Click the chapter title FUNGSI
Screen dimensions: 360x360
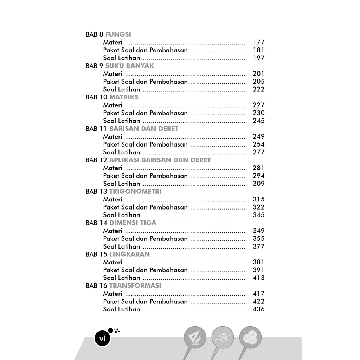(x=118, y=34)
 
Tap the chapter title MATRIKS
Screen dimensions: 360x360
(x=124, y=97)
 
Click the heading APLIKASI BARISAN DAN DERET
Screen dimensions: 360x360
(x=160, y=160)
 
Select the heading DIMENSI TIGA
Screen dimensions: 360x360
(x=133, y=223)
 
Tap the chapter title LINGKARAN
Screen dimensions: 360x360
(x=129, y=254)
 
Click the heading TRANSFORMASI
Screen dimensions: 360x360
(x=135, y=286)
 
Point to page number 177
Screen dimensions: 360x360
(x=258, y=42)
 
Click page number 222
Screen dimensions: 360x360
(x=258, y=89)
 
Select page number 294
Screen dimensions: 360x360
(x=258, y=176)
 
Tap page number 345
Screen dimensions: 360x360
(x=258, y=215)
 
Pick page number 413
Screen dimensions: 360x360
(x=258, y=278)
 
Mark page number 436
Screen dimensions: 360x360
(x=258, y=309)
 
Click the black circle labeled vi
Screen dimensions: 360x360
(x=103, y=339)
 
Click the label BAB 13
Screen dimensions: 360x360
(x=96, y=192)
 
